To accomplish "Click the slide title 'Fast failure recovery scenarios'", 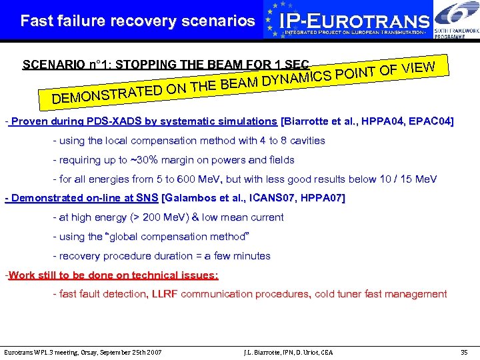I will tap(137, 21).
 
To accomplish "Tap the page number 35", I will tap(464, 351).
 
